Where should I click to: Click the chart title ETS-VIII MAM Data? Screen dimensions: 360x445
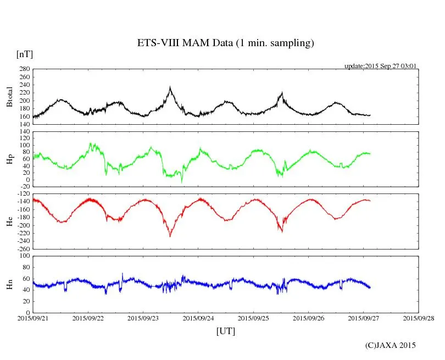coord(225,43)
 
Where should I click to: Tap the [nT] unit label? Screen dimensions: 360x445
coord(25,54)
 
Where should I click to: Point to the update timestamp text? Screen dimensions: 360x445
coord(380,66)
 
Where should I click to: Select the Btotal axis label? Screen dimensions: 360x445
coord(9,96)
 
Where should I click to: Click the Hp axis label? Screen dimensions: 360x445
coord(9,159)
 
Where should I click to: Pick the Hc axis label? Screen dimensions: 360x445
coord(9,221)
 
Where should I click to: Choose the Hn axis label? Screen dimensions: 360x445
coord(9,284)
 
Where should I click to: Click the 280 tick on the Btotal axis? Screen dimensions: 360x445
coord(24,69)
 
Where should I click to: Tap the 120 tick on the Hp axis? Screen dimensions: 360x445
coord(24,131)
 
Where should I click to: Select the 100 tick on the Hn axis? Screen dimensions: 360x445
coord(24,256)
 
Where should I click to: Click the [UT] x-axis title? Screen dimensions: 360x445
coord(225,331)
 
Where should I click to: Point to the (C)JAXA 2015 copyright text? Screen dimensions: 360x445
coord(391,345)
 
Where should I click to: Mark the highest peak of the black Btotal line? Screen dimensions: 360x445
coord(170,87)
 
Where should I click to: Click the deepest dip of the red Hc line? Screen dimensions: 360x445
coord(170,236)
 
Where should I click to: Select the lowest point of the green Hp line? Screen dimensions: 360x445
coord(182,182)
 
